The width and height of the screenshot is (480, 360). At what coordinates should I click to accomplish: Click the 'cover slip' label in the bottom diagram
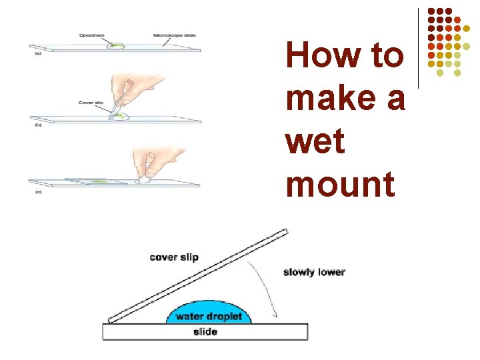tap(174, 257)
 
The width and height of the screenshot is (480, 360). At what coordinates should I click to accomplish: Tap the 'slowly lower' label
tap(314, 272)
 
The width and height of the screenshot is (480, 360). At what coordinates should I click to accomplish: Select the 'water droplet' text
tap(209, 316)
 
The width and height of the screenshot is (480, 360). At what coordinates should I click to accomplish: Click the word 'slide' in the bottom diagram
tap(205, 331)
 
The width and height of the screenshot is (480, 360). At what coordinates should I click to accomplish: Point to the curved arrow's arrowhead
tap(273, 315)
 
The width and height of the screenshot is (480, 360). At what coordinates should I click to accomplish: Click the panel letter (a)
tap(38, 53)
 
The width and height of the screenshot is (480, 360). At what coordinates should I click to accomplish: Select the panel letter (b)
tap(39, 124)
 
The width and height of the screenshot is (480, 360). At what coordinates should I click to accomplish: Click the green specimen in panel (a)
tap(117, 45)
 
